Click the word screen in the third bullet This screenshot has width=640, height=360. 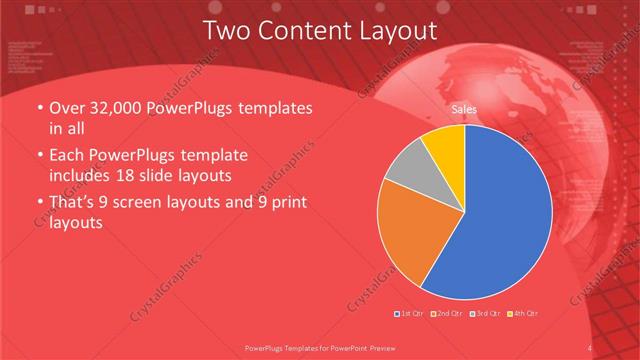pyautogui.click(x=148, y=205)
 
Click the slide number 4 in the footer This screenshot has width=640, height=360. pyautogui.click(x=589, y=348)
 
